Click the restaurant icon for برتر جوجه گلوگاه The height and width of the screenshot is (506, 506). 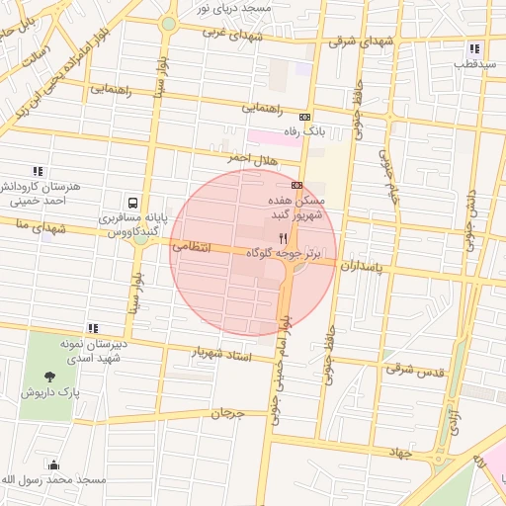click(284, 238)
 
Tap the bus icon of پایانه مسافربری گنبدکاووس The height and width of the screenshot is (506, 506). click(131, 201)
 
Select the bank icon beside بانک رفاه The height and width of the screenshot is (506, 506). click(304, 117)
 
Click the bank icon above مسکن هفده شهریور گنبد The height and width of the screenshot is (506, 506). click(296, 184)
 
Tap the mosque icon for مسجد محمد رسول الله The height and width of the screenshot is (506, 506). click(52, 464)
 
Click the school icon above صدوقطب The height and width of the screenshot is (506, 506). click(474, 48)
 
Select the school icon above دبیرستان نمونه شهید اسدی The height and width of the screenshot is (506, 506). click(93, 328)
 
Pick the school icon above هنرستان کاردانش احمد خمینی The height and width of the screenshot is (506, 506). click(38, 170)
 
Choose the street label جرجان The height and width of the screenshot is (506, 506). click(226, 412)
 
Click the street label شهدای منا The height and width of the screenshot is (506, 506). click(26, 226)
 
